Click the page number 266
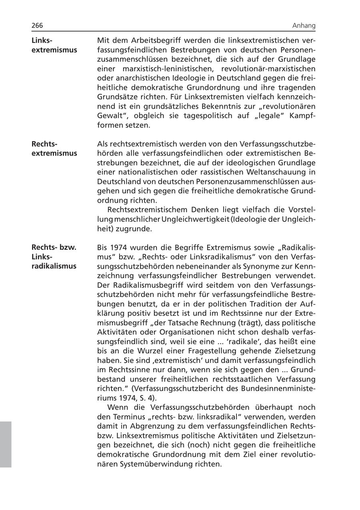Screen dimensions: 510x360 pos(37,26)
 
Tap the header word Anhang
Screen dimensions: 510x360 pos(304,26)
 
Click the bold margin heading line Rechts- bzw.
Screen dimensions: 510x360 pos(54,247)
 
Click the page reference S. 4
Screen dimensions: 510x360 pos(147,398)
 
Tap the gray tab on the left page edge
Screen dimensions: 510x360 pos(6,444)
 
